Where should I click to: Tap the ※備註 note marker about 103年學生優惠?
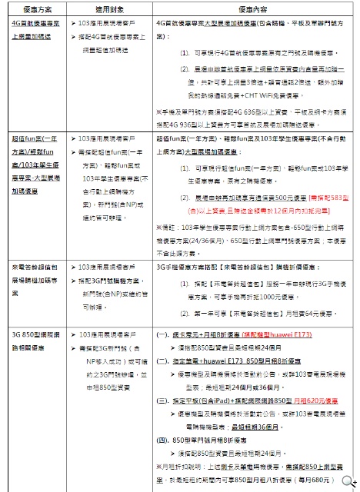coord(165,228)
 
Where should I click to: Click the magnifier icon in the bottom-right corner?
coord(353,484)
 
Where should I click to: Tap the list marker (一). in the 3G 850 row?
coord(164,337)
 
